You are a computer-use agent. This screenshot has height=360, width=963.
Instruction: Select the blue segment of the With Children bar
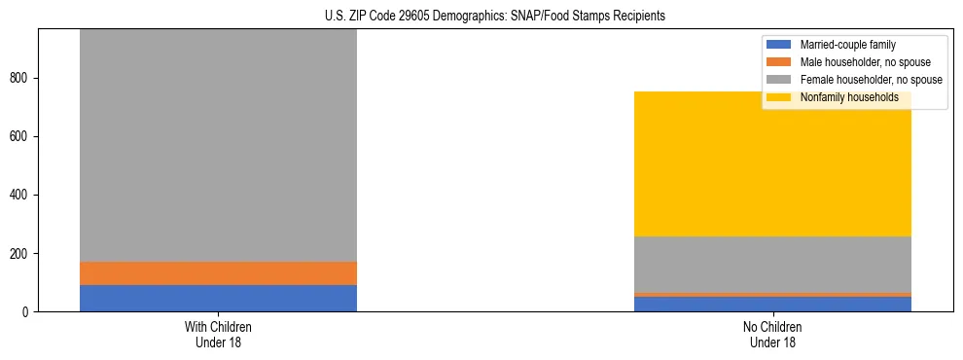(218, 298)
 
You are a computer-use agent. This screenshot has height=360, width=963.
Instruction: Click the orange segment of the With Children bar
(218, 273)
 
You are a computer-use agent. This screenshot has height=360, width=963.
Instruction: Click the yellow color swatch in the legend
(779, 97)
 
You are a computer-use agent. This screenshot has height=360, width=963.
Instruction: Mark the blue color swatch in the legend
(779, 45)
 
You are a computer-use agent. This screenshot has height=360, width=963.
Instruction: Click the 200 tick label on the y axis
(23, 254)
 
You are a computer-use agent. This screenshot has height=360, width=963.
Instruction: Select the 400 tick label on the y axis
(23, 196)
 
